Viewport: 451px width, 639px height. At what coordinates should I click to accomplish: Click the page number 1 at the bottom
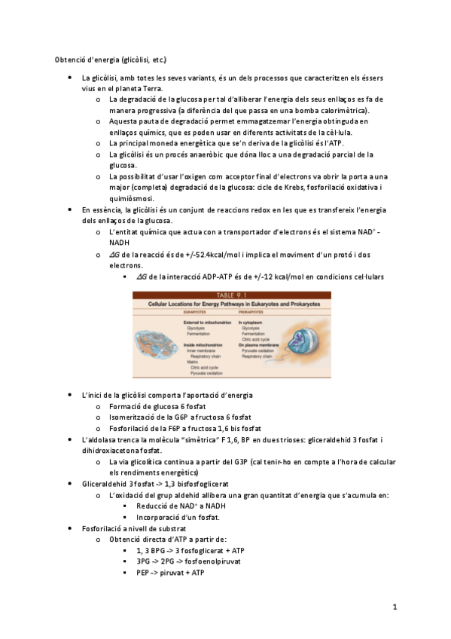click(x=395, y=607)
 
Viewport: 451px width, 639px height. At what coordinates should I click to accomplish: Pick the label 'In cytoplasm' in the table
click(x=253, y=322)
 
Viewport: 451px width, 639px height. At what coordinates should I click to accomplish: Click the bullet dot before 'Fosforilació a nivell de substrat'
click(x=70, y=528)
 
